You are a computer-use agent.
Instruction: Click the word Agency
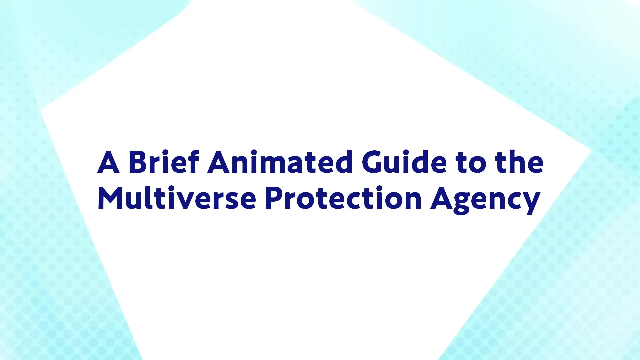pyautogui.click(x=485, y=200)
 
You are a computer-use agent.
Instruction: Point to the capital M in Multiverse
pyautogui.click(x=111, y=198)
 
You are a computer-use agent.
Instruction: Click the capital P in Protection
pyautogui.click(x=274, y=198)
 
